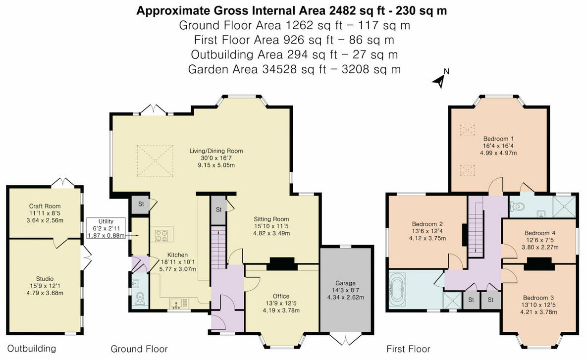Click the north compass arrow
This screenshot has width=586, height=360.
(x=439, y=80)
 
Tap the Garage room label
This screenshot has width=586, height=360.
(x=345, y=283)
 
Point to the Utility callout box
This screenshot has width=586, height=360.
(x=106, y=229)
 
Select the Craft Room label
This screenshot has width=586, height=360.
(x=45, y=206)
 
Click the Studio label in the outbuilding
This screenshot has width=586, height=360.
(x=45, y=279)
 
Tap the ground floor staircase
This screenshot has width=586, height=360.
(x=218, y=249)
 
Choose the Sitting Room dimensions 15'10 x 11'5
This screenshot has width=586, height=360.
(x=271, y=226)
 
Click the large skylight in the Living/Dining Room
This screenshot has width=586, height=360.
(x=155, y=160)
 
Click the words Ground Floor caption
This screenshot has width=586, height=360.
(x=139, y=349)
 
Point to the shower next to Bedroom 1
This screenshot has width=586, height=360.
(x=564, y=206)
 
